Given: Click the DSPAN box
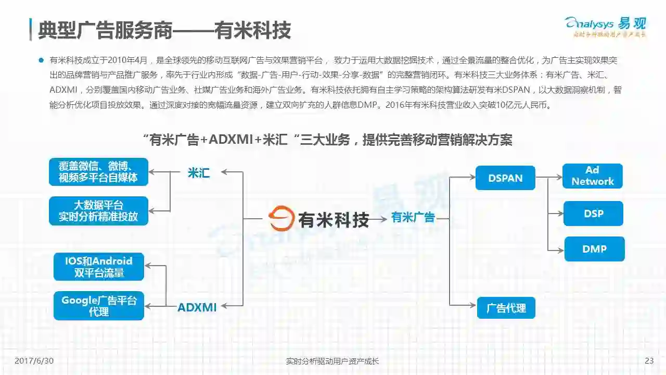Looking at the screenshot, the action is pos(505,178).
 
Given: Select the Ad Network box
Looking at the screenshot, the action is pos(592,176).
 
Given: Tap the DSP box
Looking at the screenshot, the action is pos(593,214).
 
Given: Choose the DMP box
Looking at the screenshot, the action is pos(594,249).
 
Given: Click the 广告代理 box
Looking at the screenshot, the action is pos(506,308).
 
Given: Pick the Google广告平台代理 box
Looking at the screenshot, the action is pos(99,306).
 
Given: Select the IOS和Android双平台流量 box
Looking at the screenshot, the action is pos(99,267).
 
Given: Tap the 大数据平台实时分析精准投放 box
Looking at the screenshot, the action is pos(98,210).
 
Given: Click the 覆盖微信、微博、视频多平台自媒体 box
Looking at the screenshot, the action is pos(98,172).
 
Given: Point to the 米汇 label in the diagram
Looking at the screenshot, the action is pos(198,173).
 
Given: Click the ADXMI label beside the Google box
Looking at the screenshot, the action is pos(197,307).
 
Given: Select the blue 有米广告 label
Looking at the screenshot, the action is pos(413,218).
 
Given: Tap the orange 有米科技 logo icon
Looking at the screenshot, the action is pos(281,219).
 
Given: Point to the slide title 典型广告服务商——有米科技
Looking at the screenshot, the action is pos(164,30).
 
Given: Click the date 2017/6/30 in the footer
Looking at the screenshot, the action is pos(34,361).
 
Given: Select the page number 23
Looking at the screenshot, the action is pos(649,361).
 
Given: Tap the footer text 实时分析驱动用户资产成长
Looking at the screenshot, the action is pos(332,361).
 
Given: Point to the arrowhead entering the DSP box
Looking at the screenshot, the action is pos(560,214).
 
